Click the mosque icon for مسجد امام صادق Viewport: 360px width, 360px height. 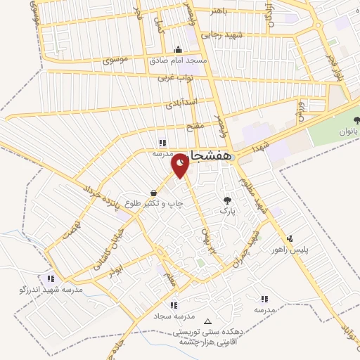pyautogui.click(x=179, y=49)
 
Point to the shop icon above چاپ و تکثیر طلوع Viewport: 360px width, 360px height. pyautogui.click(x=153, y=193)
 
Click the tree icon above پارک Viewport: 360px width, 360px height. pyautogui.click(x=226, y=200)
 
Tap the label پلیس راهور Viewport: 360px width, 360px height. pyautogui.click(x=290, y=250)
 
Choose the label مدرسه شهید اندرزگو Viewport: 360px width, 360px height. pyautogui.click(x=51, y=289)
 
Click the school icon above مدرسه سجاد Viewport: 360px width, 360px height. pyautogui.click(x=174, y=305)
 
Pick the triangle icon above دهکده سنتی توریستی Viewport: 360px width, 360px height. pyautogui.click(x=207, y=322)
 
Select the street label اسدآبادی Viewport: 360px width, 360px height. pyautogui.click(x=181, y=104)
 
